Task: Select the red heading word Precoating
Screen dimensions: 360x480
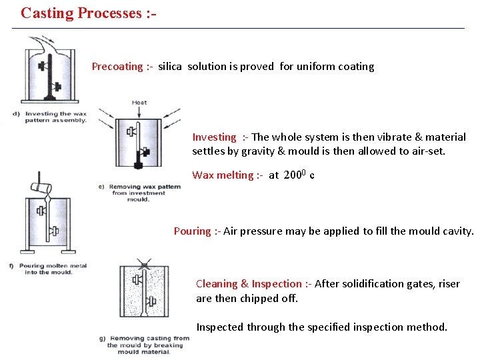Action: tap(117, 67)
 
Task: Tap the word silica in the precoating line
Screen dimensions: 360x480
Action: tap(171, 67)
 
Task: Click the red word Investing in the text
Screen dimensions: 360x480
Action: tap(214, 137)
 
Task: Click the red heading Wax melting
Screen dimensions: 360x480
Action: tap(223, 175)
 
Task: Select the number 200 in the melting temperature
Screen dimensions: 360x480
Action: tap(293, 175)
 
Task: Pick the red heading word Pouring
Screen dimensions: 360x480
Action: tap(193, 231)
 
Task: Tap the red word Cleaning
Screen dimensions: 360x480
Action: tap(217, 284)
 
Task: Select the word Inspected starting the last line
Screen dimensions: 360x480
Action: tap(220, 327)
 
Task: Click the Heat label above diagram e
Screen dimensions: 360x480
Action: tap(139, 103)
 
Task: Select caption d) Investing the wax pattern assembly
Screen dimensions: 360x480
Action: tap(50, 117)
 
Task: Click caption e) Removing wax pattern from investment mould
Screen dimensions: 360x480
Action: tap(142, 193)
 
